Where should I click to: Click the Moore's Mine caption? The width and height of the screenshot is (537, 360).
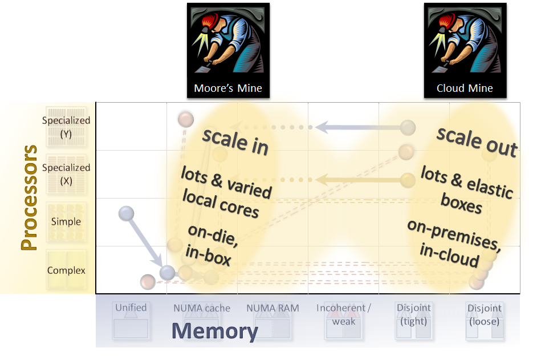point(228,88)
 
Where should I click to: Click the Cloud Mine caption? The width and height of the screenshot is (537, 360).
point(465,88)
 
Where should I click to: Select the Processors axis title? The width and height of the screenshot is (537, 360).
point(29,197)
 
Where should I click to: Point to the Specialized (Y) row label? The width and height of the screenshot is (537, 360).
point(66,126)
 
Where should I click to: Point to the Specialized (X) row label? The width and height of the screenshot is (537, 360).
point(66,173)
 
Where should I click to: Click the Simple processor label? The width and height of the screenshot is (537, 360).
point(66,221)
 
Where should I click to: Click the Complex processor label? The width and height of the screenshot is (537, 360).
point(66,270)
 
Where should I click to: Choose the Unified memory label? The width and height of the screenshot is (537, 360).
point(131,308)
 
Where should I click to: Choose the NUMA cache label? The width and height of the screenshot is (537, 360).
point(202,308)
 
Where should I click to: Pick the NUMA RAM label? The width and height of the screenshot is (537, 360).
point(272,308)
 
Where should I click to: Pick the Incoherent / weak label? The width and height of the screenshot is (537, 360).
point(344,314)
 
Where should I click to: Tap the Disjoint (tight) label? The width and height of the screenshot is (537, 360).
point(414,314)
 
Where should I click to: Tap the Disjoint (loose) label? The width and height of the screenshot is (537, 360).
point(485,314)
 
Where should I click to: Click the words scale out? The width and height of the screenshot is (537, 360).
point(477,141)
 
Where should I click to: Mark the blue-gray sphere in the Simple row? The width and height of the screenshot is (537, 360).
point(126,214)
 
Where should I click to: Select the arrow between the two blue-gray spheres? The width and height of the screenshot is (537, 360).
point(146,243)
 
